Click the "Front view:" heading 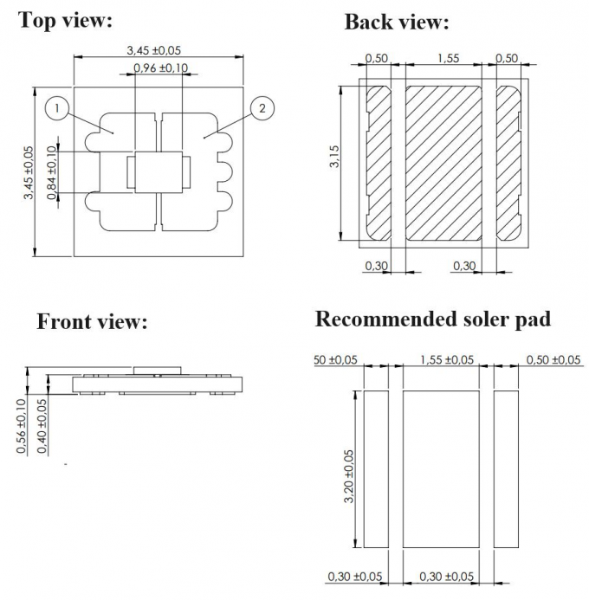(x=92, y=322)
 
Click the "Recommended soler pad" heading (x=432, y=319)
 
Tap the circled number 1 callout (x=55, y=108)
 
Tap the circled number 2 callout (x=262, y=108)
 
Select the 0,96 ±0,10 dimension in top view (x=160, y=69)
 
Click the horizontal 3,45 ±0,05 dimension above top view (x=159, y=51)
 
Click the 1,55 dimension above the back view (x=449, y=58)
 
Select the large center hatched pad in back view (x=444, y=163)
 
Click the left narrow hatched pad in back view (x=379, y=163)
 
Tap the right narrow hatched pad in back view (x=508, y=163)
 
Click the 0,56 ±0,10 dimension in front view (x=21, y=424)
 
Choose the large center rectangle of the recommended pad (x=441, y=468)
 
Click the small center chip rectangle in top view (x=159, y=172)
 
